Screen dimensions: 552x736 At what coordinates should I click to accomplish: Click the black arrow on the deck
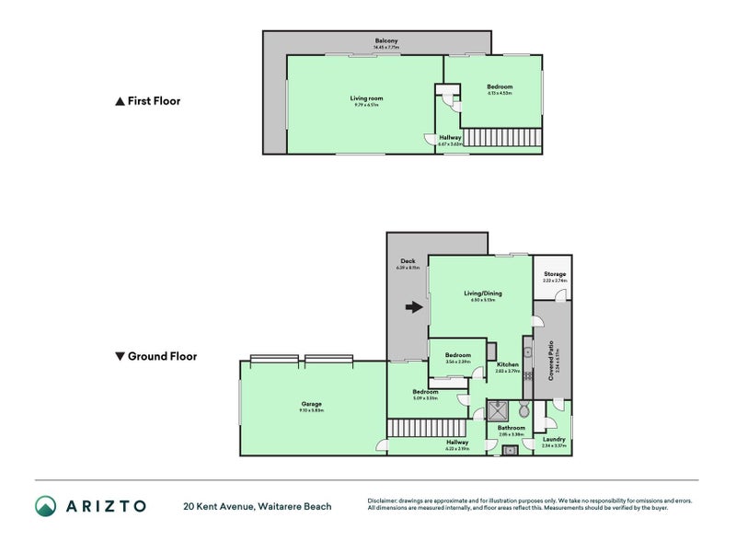pos(415,309)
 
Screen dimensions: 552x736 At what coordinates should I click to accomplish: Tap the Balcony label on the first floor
pos(386,40)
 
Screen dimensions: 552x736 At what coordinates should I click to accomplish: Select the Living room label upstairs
pos(366,98)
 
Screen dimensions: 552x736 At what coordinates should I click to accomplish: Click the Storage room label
pos(555,274)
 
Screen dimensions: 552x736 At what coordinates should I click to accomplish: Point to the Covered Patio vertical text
pos(550,362)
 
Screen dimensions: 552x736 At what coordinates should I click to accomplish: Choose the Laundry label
pos(554,440)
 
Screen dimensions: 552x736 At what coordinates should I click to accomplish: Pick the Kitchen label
pos(508,365)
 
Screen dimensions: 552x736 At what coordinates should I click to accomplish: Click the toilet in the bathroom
pos(523,410)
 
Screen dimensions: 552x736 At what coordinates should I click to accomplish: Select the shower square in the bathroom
pos(500,409)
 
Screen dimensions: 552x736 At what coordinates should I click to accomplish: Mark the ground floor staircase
pos(424,428)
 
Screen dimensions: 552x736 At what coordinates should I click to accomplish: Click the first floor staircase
pos(502,137)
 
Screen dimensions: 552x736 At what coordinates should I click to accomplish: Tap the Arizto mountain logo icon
pos(46,505)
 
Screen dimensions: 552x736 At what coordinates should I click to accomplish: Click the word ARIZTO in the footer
pos(106,505)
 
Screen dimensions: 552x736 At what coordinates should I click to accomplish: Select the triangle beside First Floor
pos(119,102)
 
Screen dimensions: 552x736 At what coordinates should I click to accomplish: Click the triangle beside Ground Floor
pos(119,356)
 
